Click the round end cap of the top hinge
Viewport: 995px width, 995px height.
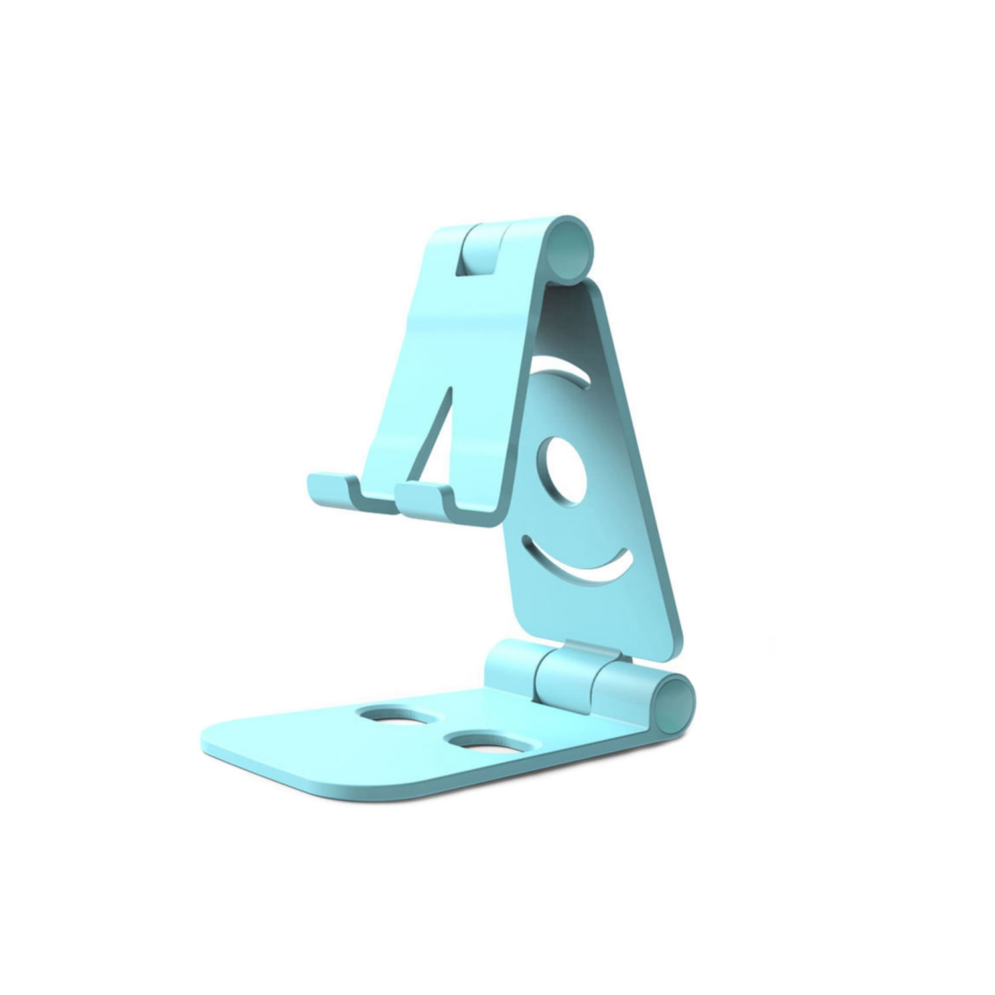click(x=572, y=247)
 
